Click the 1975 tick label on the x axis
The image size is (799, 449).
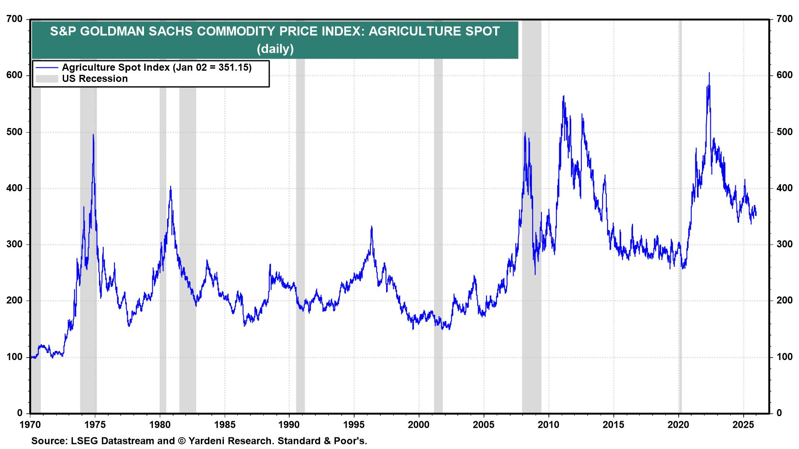(x=95, y=425)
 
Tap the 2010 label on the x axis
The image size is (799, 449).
(x=549, y=425)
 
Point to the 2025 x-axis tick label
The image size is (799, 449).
(x=743, y=425)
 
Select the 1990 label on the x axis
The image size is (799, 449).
(x=289, y=425)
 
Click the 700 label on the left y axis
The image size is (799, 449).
(x=14, y=19)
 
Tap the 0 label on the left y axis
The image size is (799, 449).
(x=20, y=413)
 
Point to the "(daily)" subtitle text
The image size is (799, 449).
(x=275, y=49)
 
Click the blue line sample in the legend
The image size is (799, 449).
(x=47, y=67)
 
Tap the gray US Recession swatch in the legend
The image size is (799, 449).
(x=47, y=79)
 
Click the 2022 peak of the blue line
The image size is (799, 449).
(x=709, y=73)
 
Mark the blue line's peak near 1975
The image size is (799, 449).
(x=93, y=135)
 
